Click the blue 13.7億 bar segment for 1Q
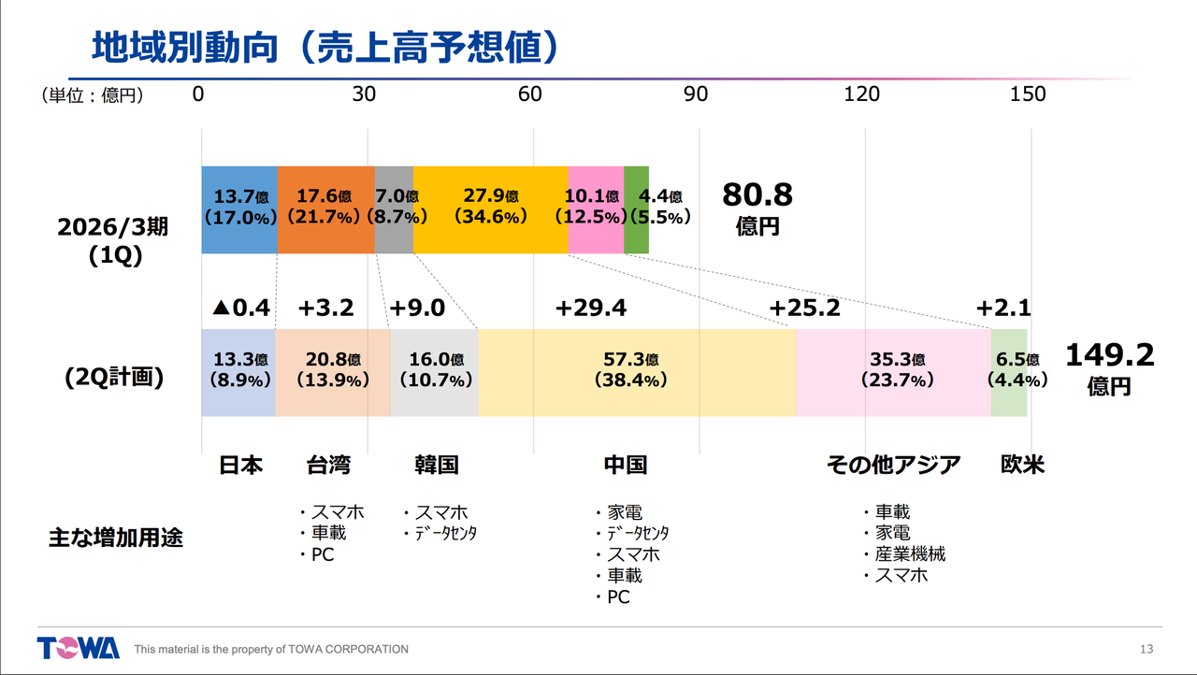pyautogui.click(x=239, y=209)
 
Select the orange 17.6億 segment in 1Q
pyautogui.click(x=326, y=209)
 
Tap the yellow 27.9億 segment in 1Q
pyautogui.click(x=490, y=209)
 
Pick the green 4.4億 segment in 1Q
pyautogui.click(x=637, y=209)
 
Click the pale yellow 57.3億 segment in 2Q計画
pyautogui.click(x=637, y=372)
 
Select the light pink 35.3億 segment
pyautogui.click(x=893, y=372)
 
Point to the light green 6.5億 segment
pyautogui.click(x=1009, y=372)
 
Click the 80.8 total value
pyautogui.click(x=757, y=195)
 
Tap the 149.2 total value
pyautogui.click(x=1110, y=355)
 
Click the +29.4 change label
pyautogui.click(x=590, y=309)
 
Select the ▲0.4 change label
pyautogui.click(x=240, y=309)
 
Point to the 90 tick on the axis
pyautogui.click(x=696, y=94)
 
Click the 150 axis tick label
pyautogui.click(x=1028, y=94)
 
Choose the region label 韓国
pyautogui.click(x=437, y=465)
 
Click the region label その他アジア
pyautogui.click(x=894, y=465)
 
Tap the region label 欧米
pyautogui.click(x=1022, y=465)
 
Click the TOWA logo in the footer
pyautogui.click(x=79, y=648)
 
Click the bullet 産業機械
pyautogui.click(x=910, y=554)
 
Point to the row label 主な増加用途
pyautogui.click(x=116, y=539)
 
